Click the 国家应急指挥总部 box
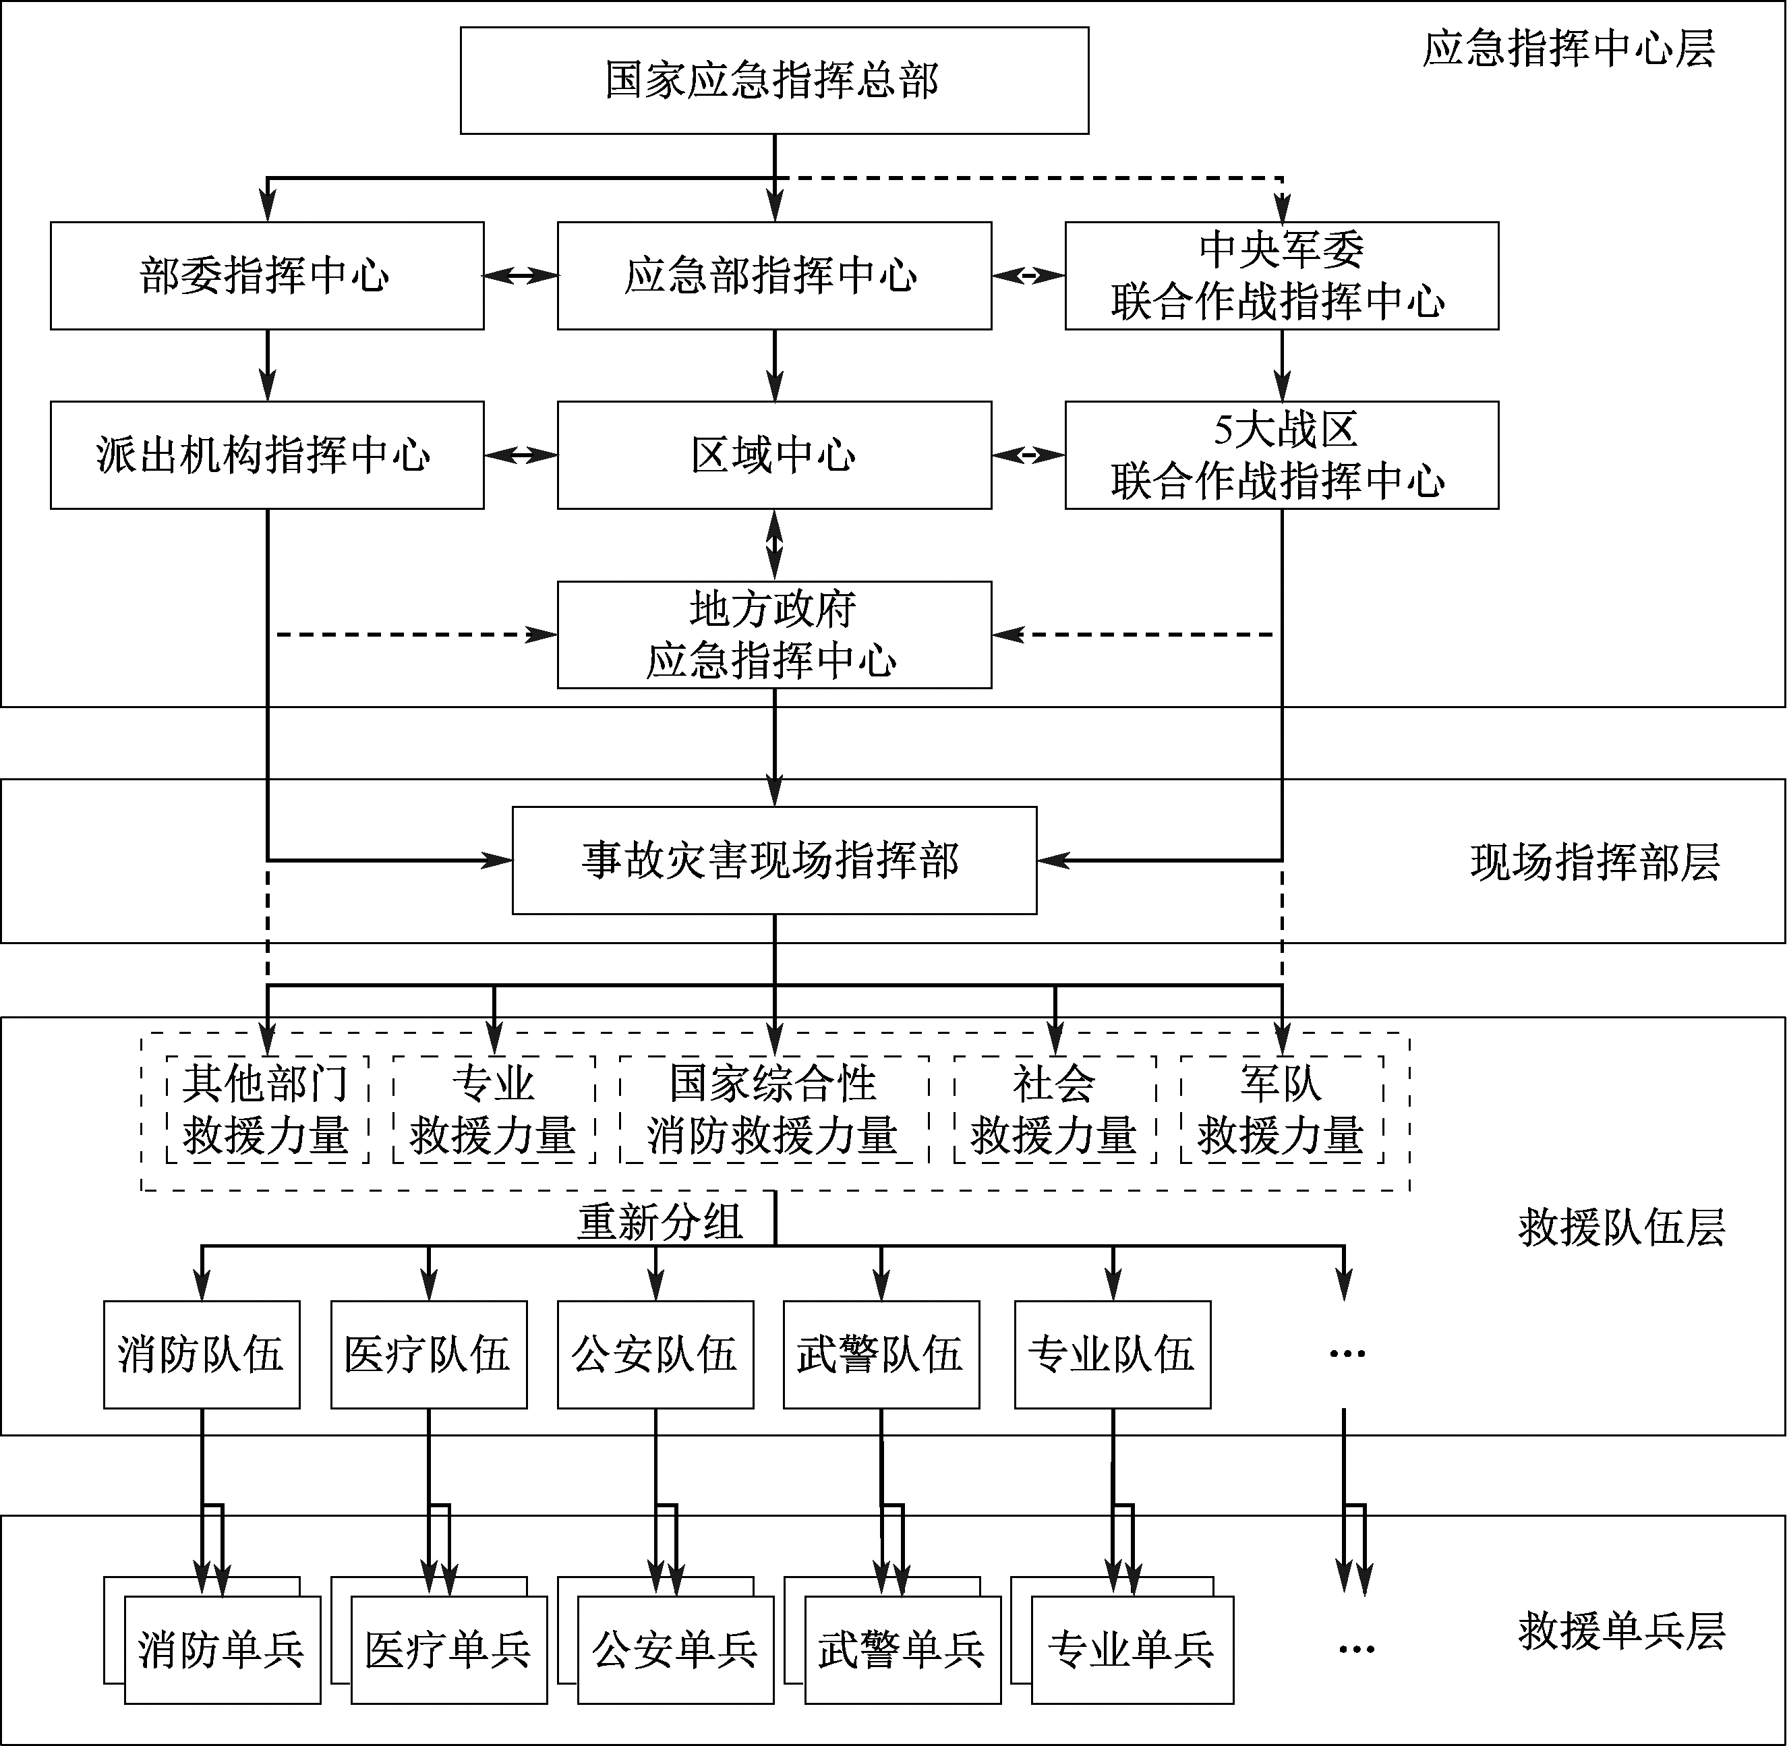tap(774, 81)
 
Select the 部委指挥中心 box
tap(267, 275)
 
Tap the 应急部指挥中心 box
tap(774, 275)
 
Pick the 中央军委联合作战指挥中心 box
tap(1281, 275)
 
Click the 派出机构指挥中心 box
tap(267, 455)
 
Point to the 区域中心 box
tap(774, 455)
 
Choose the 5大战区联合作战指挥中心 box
tap(1281, 455)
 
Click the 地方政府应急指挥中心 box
tap(774, 635)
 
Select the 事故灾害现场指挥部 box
tap(774, 860)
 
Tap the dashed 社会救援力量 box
tap(1055, 1109)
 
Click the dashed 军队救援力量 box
tap(1281, 1109)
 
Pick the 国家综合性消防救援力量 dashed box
tap(774, 1109)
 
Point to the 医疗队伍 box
tap(428, 1354)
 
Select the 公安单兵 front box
tap(676, 1650)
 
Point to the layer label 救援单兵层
tap(1621, 1631)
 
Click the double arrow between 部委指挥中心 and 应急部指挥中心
tap(521, 275)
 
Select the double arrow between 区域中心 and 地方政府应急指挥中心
tap(775, 545)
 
